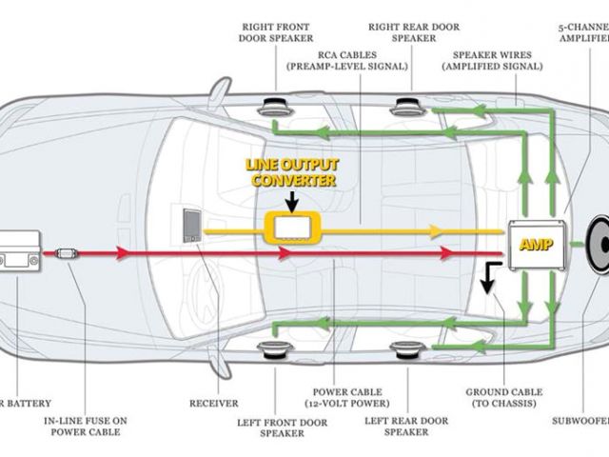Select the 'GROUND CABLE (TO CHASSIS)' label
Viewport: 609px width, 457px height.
(x=503, y=398)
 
